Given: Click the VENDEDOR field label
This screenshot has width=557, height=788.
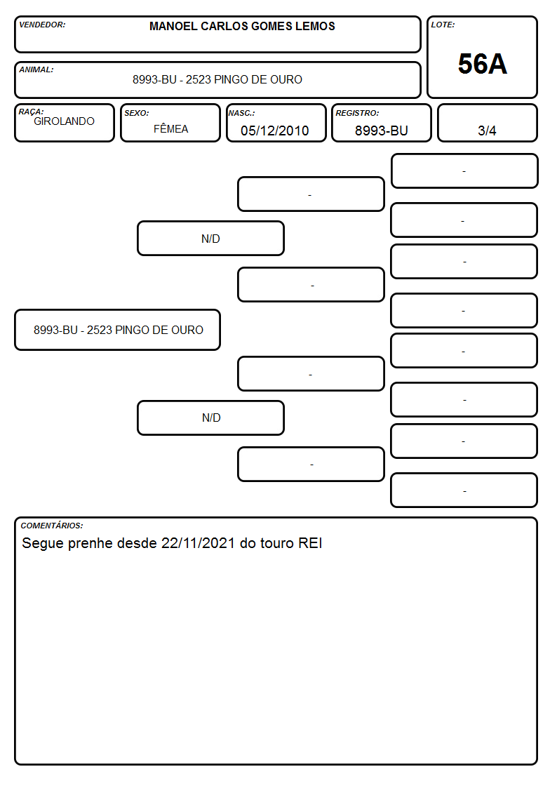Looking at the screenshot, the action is pyautogui.click(x=42, y=25).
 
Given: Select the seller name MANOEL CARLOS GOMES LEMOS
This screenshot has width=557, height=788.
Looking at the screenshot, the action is pyautogui.click(x=242, y=26).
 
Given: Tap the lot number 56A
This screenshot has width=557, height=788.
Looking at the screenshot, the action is pyautogui.click(x=482, y=65).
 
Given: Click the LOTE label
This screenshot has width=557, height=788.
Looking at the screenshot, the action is pyautogui.click(x=443, y=25).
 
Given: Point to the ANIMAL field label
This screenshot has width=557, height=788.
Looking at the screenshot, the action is pyautogui.click(x=36, y=70).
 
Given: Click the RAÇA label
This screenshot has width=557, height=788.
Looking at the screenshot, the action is pyautogui.click(x=31, y=112).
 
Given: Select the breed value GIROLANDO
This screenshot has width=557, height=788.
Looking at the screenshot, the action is pyautogui.click(x=65, y=121).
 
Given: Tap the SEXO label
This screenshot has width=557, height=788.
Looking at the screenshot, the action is pyautogui.click(x=137, y=113).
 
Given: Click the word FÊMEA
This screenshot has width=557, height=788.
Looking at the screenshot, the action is pyautogui.click(x=170, y=128).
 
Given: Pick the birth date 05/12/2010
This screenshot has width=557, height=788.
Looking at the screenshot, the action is pyautogui.click(x=275, y=131).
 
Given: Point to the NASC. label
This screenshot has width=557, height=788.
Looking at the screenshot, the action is pyautogui.click(x=241, y=113).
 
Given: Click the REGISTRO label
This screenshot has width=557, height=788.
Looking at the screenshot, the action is pyautogui.click(x=357, y=113).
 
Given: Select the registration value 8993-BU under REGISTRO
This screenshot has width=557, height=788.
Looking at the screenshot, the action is pyautogui.click(x=381, y=131).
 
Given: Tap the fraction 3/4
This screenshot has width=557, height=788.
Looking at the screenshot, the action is pyautogui.click(x=487, y=131).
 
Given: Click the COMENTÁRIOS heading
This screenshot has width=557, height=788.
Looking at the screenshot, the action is pyautogui.click(x=52, y=526).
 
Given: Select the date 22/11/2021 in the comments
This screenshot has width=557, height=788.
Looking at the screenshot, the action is pyautogui.click(x=198, y=543).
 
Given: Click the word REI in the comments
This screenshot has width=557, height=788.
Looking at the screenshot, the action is pyautogui.click(x=310, y=543).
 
